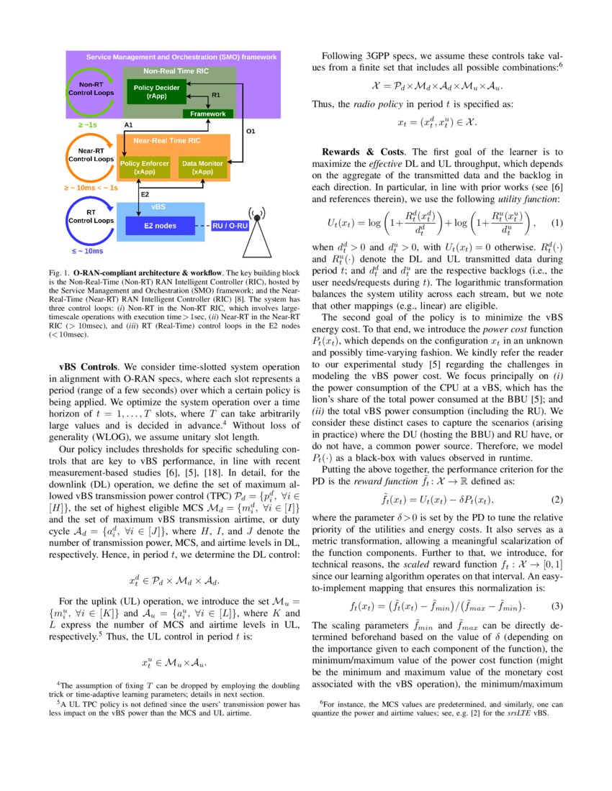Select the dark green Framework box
(207, 114)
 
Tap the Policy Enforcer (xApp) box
(145, 168)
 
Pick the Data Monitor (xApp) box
(202, 168)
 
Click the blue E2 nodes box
(160, 226)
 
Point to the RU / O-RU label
(231, 226)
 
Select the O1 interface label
(251, 132)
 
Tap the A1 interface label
(130, 125)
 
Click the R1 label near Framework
(215, 94)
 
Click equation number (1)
(555, 224)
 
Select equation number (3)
(555, 605)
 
